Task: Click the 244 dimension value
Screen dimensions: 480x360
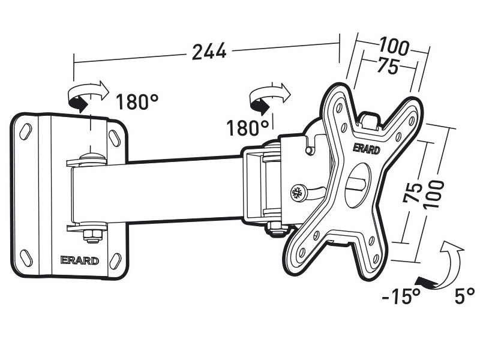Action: pyautogui.click(x=209, y=51)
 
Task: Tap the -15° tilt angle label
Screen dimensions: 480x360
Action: pyautogui.click(x=401, y=296)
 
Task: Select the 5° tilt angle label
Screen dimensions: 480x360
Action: pyautogui.click(x=464, y=295)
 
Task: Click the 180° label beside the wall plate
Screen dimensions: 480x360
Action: pyautogui.click(x=137, y=101)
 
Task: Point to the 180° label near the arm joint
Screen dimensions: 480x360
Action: pyautogui.click(x=248, y=127)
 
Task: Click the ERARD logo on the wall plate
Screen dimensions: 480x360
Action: pyautogui.click(x=80, y=260)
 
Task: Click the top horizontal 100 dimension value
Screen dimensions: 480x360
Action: pyautogui.click(x=394, y=47)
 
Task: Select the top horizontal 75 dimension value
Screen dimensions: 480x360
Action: pyautogui.click(x=388, y=65)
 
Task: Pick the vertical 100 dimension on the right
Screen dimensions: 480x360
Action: pyautogui.click(x=434, y=194)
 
